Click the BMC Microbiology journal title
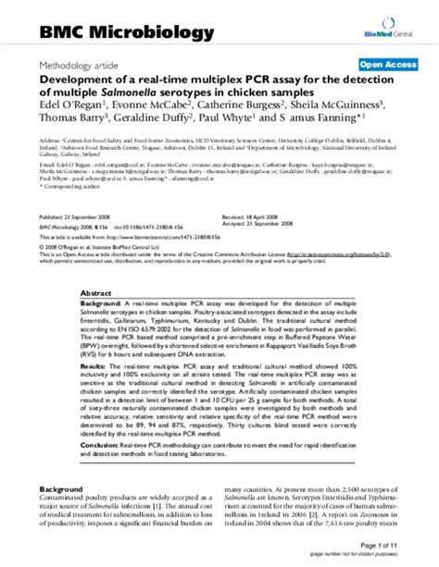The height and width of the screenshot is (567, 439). [126, 33]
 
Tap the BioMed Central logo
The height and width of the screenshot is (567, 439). [390, 32]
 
